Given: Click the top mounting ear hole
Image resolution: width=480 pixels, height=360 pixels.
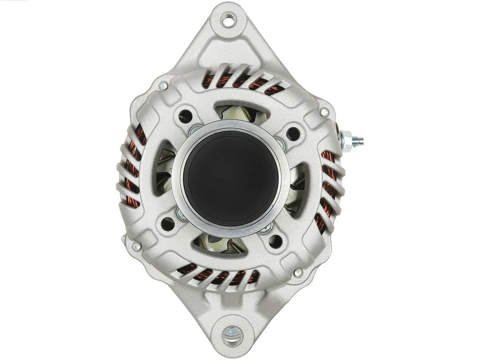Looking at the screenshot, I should [228, 19].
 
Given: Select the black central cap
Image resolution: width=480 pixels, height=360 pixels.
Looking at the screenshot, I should [231, 178].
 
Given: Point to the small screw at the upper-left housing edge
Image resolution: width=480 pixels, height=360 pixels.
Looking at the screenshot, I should [163, 85].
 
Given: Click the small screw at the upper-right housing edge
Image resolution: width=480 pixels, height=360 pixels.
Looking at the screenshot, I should [324, 112].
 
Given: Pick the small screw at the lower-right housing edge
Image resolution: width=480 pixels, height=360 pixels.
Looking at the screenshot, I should [298, 272].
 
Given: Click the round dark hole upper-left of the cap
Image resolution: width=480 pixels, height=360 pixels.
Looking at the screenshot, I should [185, 116].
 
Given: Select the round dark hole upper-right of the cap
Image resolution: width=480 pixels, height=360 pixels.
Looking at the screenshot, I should [293, 133].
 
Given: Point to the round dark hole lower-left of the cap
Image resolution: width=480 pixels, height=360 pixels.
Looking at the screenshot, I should [168, 224].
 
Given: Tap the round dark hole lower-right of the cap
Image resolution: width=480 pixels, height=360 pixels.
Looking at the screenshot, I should [276, 241].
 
